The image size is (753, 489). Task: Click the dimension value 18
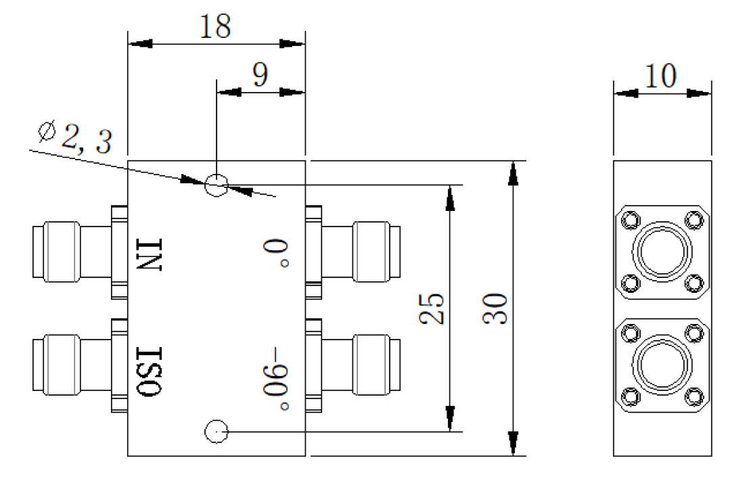click(215, 26)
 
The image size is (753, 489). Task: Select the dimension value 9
click(260, 74)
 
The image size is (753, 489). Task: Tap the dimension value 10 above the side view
click(661, 76)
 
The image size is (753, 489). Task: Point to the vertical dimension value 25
click(431, 308)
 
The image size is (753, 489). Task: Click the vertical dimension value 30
click(495, 308)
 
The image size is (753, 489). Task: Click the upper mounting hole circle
click(216, 185)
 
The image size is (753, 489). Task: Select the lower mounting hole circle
click(216, 432)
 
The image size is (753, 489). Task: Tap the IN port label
click(150, 254)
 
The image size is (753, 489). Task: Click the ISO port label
click(150, 371)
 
